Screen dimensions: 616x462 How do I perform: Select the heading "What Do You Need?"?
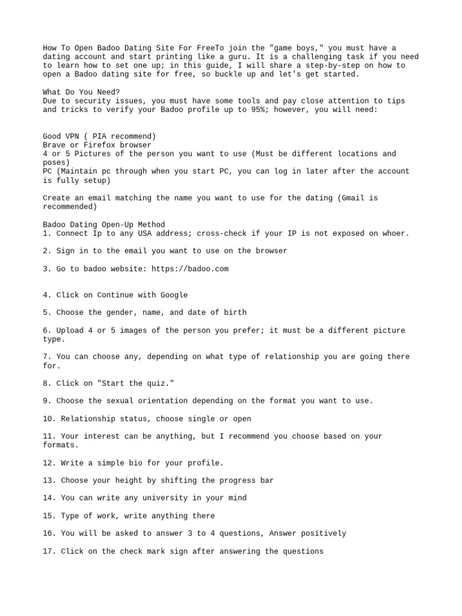point(81,92)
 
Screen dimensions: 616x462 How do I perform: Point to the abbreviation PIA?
point(102,136)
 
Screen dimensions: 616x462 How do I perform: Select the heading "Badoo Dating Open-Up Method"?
point(103,225)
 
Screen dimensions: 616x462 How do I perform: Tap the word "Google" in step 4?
point(174,295)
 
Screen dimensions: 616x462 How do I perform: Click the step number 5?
point(46,313)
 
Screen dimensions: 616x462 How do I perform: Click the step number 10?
point(48,419)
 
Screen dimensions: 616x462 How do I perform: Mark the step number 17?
point(48,551)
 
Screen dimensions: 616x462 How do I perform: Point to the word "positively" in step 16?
point(324,534)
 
